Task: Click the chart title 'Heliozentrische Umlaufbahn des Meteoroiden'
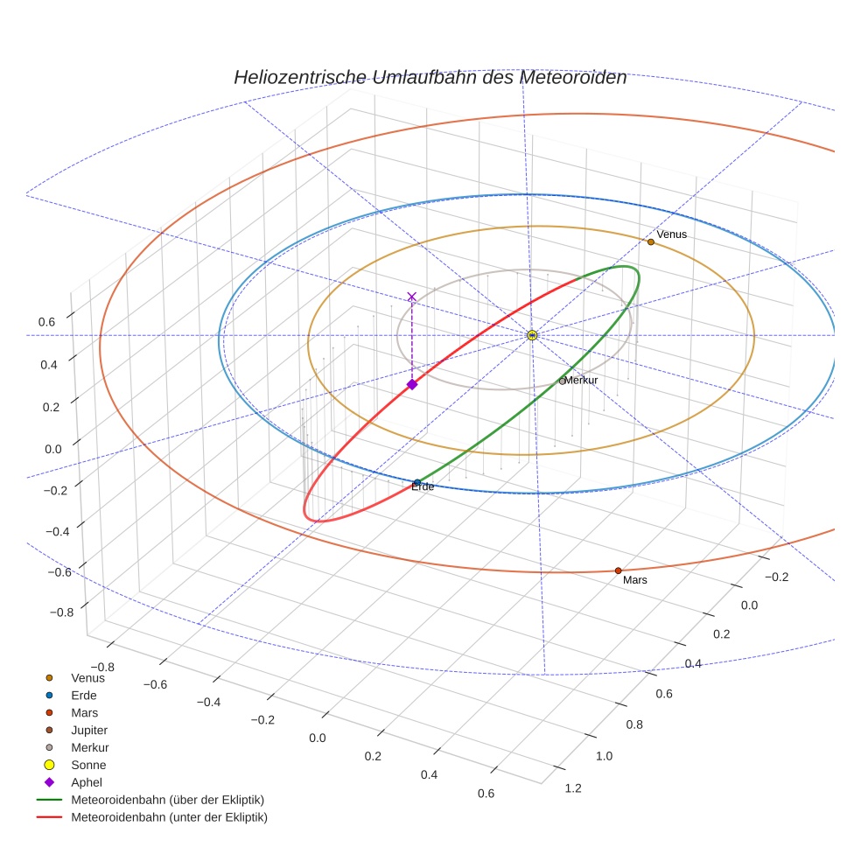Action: coord(430,77)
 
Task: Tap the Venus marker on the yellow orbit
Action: coord(651,241)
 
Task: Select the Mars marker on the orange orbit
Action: coord(618,570)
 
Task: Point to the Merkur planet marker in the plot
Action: coord(562,381)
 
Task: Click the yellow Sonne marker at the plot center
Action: coord(532,335)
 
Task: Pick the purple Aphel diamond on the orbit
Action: coord(412,384)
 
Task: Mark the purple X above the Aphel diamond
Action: coord(412,297)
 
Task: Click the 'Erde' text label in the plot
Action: coord(423,486)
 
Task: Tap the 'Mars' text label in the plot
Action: coord(635,579)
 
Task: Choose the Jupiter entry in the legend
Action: coord(88,730)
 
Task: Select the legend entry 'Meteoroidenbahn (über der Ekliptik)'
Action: coord(167,800)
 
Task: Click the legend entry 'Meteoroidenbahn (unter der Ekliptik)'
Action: coord(169,817)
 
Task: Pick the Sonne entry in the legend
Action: coord(88,765)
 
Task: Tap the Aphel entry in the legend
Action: coord(86,782)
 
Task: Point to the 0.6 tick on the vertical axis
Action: coord(46,322)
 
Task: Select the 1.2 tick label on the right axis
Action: coord(574,788)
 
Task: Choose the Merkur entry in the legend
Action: coord(89,747)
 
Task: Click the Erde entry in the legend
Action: coord(84,695)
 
